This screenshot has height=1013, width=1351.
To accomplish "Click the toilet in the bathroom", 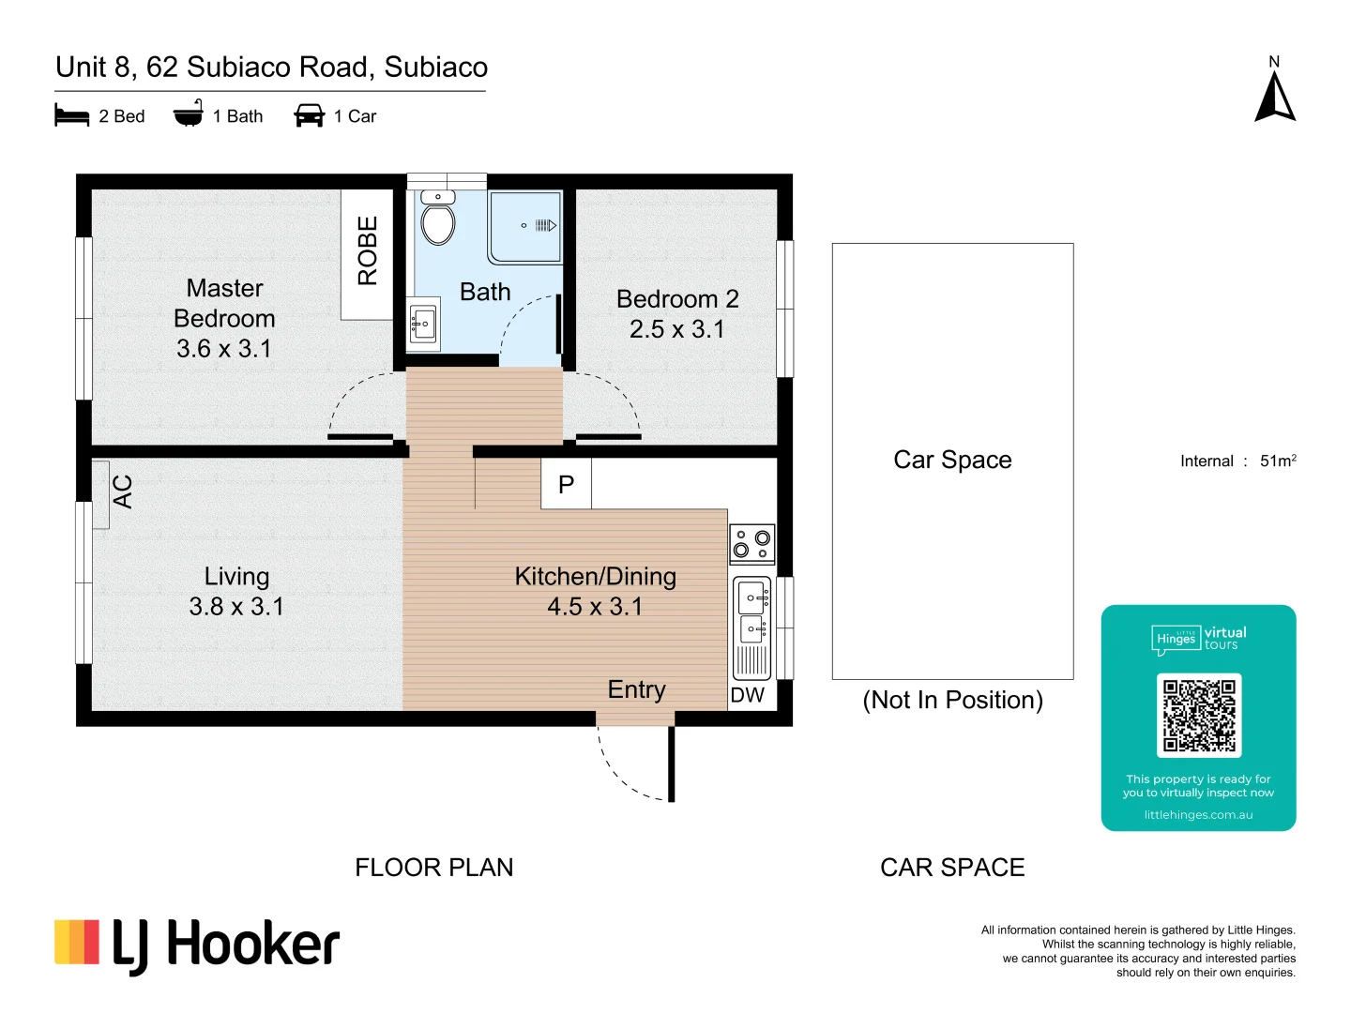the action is [x=437, y=218].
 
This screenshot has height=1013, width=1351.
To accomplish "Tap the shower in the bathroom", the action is [x=525, y=227].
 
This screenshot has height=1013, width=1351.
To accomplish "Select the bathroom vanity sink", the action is [x=423, y=325].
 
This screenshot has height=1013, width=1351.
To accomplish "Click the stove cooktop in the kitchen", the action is [x=751, y=544].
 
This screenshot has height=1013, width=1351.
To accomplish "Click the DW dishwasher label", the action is [x=747, y=695].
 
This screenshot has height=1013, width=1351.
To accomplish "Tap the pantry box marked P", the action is [x=567, y=484].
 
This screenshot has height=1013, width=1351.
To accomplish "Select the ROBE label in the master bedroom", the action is [x=368, y=250].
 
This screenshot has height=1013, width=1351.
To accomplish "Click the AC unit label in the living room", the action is [x=123, y=491].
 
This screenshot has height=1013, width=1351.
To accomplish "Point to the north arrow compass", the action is [x=1275, y=90].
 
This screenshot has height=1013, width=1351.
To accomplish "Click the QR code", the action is [x=1199, y=716].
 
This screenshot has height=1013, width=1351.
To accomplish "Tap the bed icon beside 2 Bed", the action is [x=72, y=115].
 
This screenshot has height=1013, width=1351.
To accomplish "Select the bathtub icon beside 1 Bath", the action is [x=189, y=113].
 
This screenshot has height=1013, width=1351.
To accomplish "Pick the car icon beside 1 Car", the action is [x=309, y=115].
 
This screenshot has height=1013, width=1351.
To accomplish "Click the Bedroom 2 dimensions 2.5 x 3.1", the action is [x=677, y=329].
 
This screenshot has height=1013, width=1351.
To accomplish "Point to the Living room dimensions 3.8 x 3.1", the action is [x=236, y=607].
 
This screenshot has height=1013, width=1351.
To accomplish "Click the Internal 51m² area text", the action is [x=1238, y=461].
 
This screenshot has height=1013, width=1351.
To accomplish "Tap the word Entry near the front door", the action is [x=636, y=690].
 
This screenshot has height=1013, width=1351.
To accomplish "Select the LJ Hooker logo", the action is [x=197, y=946].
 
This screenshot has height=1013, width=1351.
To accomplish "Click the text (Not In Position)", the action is [x=953, y=700].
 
